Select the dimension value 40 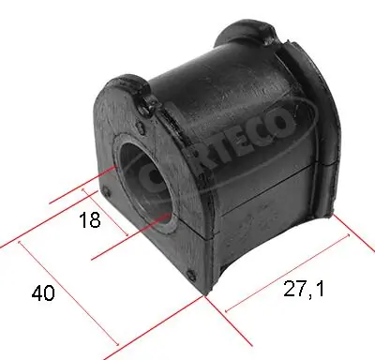42,293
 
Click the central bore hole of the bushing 142,177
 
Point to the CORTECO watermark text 235,141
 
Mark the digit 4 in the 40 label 37,293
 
